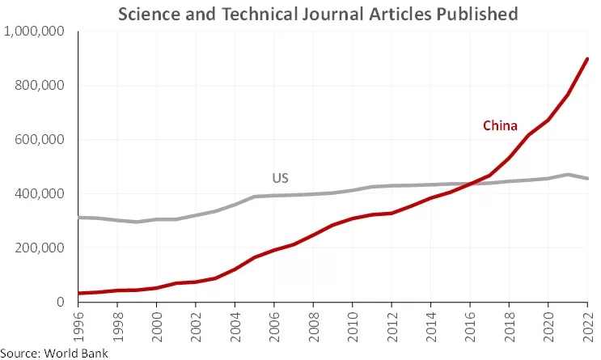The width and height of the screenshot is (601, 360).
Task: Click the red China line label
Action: (x=500, y=125)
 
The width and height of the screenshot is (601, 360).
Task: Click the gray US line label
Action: (x=280, y=178)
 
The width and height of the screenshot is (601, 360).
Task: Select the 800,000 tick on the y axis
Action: (x=40, y=86)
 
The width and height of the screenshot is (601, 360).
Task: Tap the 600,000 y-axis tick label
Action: (x=40, y=140)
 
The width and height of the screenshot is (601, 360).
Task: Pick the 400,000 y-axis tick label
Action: (x=40, y=194)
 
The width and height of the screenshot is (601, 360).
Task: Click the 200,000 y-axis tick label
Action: (x=40, y=248)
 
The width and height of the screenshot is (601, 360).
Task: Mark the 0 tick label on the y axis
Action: (x=61, y=303)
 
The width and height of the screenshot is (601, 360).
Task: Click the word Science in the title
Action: (x=149, y=14)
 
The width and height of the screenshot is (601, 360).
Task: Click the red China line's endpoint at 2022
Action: (x=586, y=59)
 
